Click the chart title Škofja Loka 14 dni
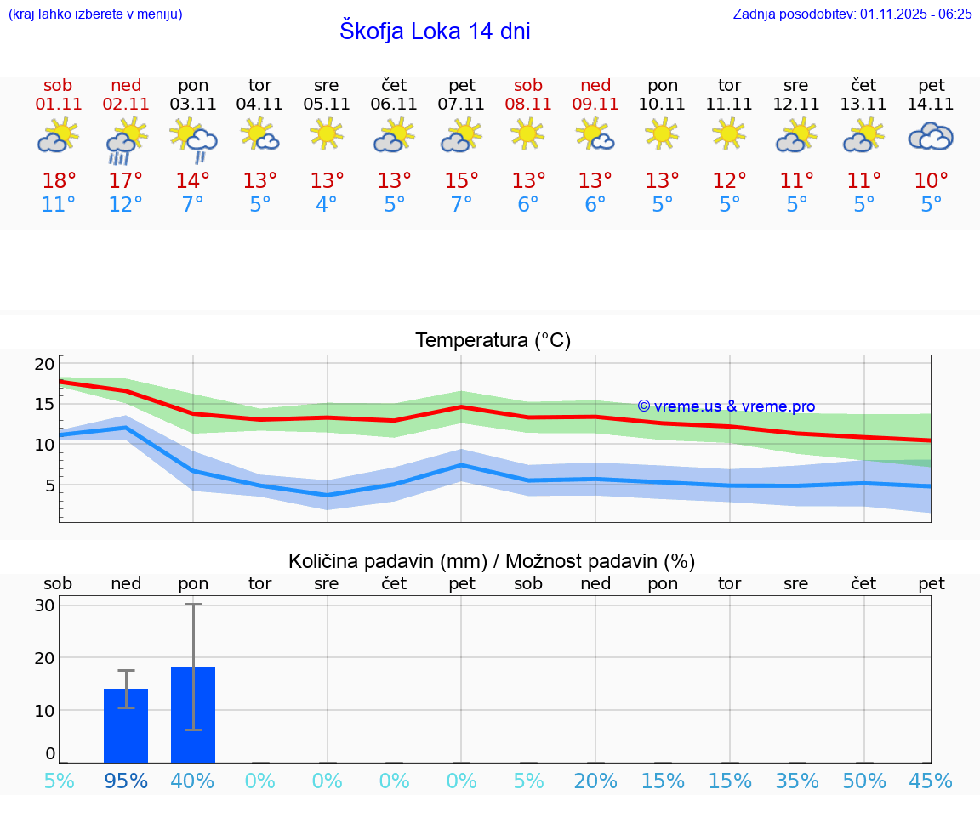[x=435, y=31]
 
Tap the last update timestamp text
[x=852, y=14]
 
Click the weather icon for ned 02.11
[x=125, y=140]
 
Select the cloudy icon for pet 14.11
[x=931, y=137]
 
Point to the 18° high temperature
[x=59, y=180]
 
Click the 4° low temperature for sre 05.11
[x=327, y=205]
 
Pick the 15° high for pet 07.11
[x=461, y=180]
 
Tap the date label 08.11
[x=527, y=104]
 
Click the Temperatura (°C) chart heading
[x=493, y=341]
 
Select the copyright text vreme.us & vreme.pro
[x=726, y=406]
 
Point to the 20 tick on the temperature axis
[x=44, y=364]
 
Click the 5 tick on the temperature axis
[x=49, y=485]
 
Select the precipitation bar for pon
[x=193, y=714]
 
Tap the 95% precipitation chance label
[x=126, y=781]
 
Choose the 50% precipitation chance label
[x=864, y=781]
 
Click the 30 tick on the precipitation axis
[x=44, y=605]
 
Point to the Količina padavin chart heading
[x=491, y=561]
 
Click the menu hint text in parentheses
[x=94, y=14]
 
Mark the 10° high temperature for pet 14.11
[x=931, y=180]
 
